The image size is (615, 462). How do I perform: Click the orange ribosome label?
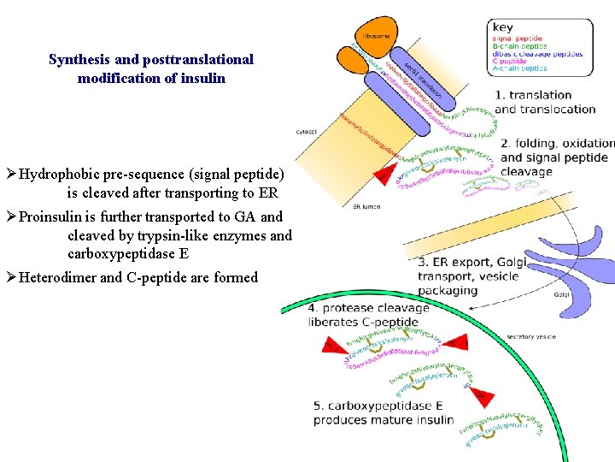(376, 37)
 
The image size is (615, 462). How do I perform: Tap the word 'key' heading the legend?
(503, 27)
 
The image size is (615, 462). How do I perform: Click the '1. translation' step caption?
(534, 95)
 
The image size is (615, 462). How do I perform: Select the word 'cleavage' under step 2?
(527, 171)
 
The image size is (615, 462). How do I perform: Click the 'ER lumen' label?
(366, 206)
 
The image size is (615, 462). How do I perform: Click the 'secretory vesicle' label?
(531, 336)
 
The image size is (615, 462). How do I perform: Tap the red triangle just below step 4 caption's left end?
(331, 345)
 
